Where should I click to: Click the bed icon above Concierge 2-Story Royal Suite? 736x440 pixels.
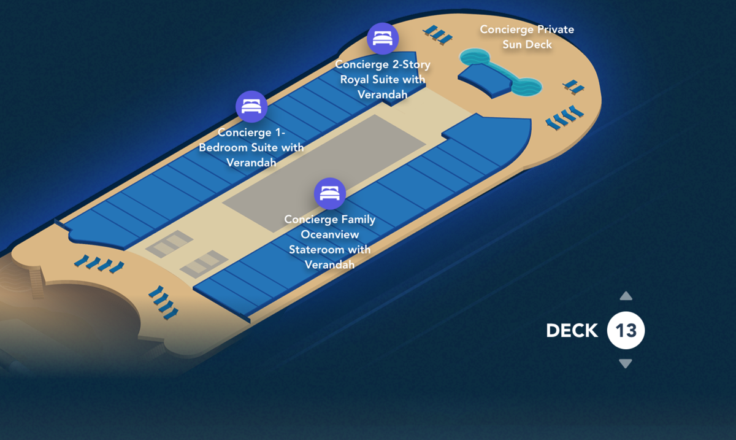[383, 39]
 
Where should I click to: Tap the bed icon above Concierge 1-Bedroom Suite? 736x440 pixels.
[251, 107]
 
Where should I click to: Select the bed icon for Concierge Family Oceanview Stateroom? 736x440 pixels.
[330, 194]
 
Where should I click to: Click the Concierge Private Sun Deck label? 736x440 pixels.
[527, 37]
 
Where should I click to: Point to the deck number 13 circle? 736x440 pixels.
[626, 331]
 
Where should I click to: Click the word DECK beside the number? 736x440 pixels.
[572, 331]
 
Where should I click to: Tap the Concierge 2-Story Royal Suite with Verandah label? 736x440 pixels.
[383, 79]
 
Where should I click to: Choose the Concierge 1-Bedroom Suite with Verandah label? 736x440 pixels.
[251, 147]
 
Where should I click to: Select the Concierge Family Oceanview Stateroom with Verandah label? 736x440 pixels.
[330, 242]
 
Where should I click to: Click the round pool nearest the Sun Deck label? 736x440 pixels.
[475, 58]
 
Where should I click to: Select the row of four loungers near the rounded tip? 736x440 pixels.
[564, 117]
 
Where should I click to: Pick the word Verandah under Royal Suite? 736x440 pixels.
[383, 94]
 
